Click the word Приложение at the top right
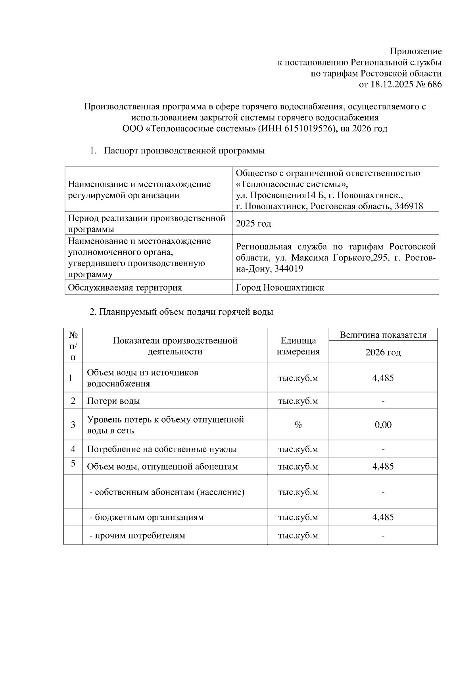416,52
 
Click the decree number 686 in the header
434,84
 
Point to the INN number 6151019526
308,129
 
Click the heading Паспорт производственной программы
184,151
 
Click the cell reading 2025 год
253,224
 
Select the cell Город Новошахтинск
280,288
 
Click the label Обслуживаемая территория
125,288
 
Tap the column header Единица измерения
298,346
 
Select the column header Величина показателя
383,335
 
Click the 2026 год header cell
383,352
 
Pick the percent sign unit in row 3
298,425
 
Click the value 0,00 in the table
383,425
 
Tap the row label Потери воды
113,401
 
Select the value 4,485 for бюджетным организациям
383,517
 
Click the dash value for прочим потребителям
383,536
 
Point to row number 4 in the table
73,449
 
